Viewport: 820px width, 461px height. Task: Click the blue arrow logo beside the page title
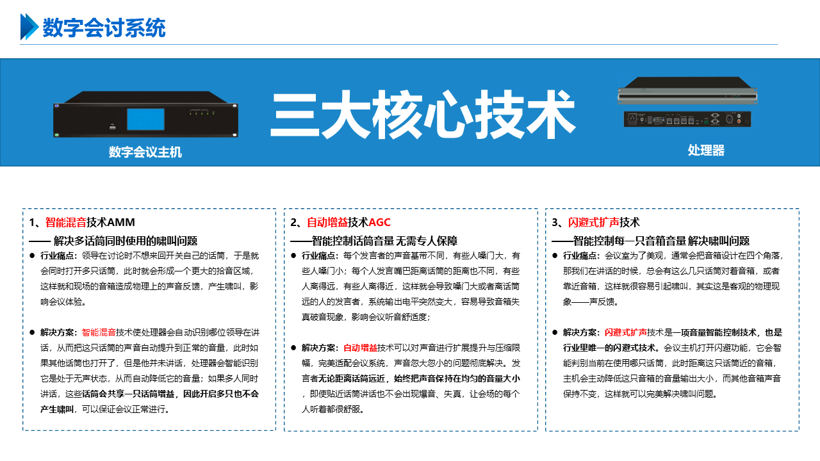point(29,27)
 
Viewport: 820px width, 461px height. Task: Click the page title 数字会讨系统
point(104,28)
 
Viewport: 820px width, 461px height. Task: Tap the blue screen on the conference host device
point(145,119)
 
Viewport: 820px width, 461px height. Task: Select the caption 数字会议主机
point(145,152)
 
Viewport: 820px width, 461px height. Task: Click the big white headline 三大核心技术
point(423,115)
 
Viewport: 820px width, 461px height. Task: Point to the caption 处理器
point(706,150)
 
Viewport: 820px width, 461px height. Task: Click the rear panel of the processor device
point(687,119)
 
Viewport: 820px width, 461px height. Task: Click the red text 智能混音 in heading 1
point(66,222)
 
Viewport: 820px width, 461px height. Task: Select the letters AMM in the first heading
point(121,222)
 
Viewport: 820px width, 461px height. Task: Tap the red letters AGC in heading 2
point(379,222)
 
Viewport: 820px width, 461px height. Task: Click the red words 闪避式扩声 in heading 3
point(593,222)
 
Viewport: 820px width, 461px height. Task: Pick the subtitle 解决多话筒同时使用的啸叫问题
point(126,241)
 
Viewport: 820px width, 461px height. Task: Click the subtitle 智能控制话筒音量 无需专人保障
point(384,241)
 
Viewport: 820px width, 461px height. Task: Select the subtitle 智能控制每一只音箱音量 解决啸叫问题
point(661,241)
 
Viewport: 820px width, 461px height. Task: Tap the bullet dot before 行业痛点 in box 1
point(32,255)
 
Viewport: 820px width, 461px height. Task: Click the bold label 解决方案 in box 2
point(318,348)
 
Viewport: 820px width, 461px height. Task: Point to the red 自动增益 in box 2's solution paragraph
point(360,348)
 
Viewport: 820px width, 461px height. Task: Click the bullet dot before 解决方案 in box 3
point(555,332)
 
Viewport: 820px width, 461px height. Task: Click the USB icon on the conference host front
point(113,127)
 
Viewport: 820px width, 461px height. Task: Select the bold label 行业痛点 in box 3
point(579,255)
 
